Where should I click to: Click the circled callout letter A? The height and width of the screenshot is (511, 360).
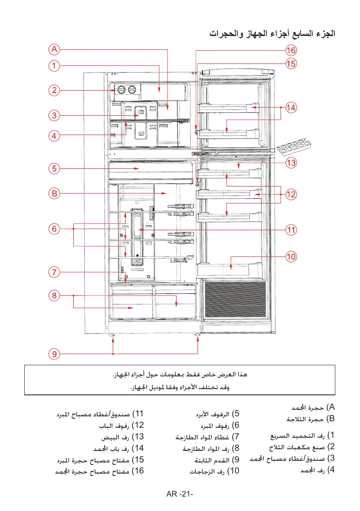(54, 50)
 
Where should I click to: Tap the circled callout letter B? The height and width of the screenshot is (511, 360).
(54, 193)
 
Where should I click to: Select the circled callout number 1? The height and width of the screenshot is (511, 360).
(54, 65)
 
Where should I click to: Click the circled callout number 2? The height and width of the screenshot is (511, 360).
(54, 90)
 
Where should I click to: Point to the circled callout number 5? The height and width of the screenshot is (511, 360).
(54, 168)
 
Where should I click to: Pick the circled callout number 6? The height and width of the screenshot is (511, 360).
(54, 229)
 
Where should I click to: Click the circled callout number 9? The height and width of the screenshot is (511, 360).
(54, 353)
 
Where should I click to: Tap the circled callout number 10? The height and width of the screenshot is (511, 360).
(291, 257)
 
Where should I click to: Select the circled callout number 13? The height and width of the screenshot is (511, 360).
(291, 163)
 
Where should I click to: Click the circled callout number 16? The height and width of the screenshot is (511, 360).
(291, 50)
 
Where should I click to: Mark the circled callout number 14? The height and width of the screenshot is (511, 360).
(291, 108)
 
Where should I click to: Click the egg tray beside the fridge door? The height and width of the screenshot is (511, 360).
(295, 147)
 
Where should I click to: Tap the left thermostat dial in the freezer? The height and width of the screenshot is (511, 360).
(121, 90)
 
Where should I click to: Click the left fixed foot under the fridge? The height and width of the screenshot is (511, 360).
(112, 336)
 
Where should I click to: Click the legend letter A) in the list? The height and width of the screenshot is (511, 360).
(331, 408)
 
